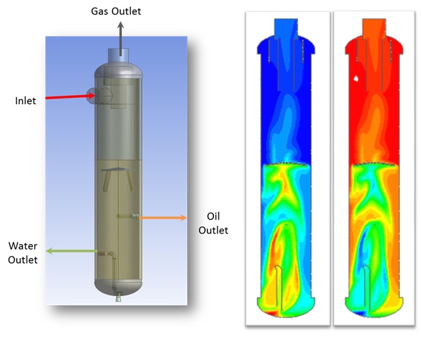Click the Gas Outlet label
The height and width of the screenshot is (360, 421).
pos(115,11)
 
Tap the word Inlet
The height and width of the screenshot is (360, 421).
pos(25,101)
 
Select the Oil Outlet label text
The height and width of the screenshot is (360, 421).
pos(213,224)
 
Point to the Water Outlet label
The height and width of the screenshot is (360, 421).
pos(23,253)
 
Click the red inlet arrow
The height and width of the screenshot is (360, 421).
pos(70,96)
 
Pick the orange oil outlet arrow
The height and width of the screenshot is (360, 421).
pos(162,217)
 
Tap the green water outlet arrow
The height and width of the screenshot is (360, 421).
pos(72,251)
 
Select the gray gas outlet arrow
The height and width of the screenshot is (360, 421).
pos(120,38)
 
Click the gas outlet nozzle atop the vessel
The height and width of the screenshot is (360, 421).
pos(118,55)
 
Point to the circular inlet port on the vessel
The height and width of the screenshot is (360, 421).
pos(104,96)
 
